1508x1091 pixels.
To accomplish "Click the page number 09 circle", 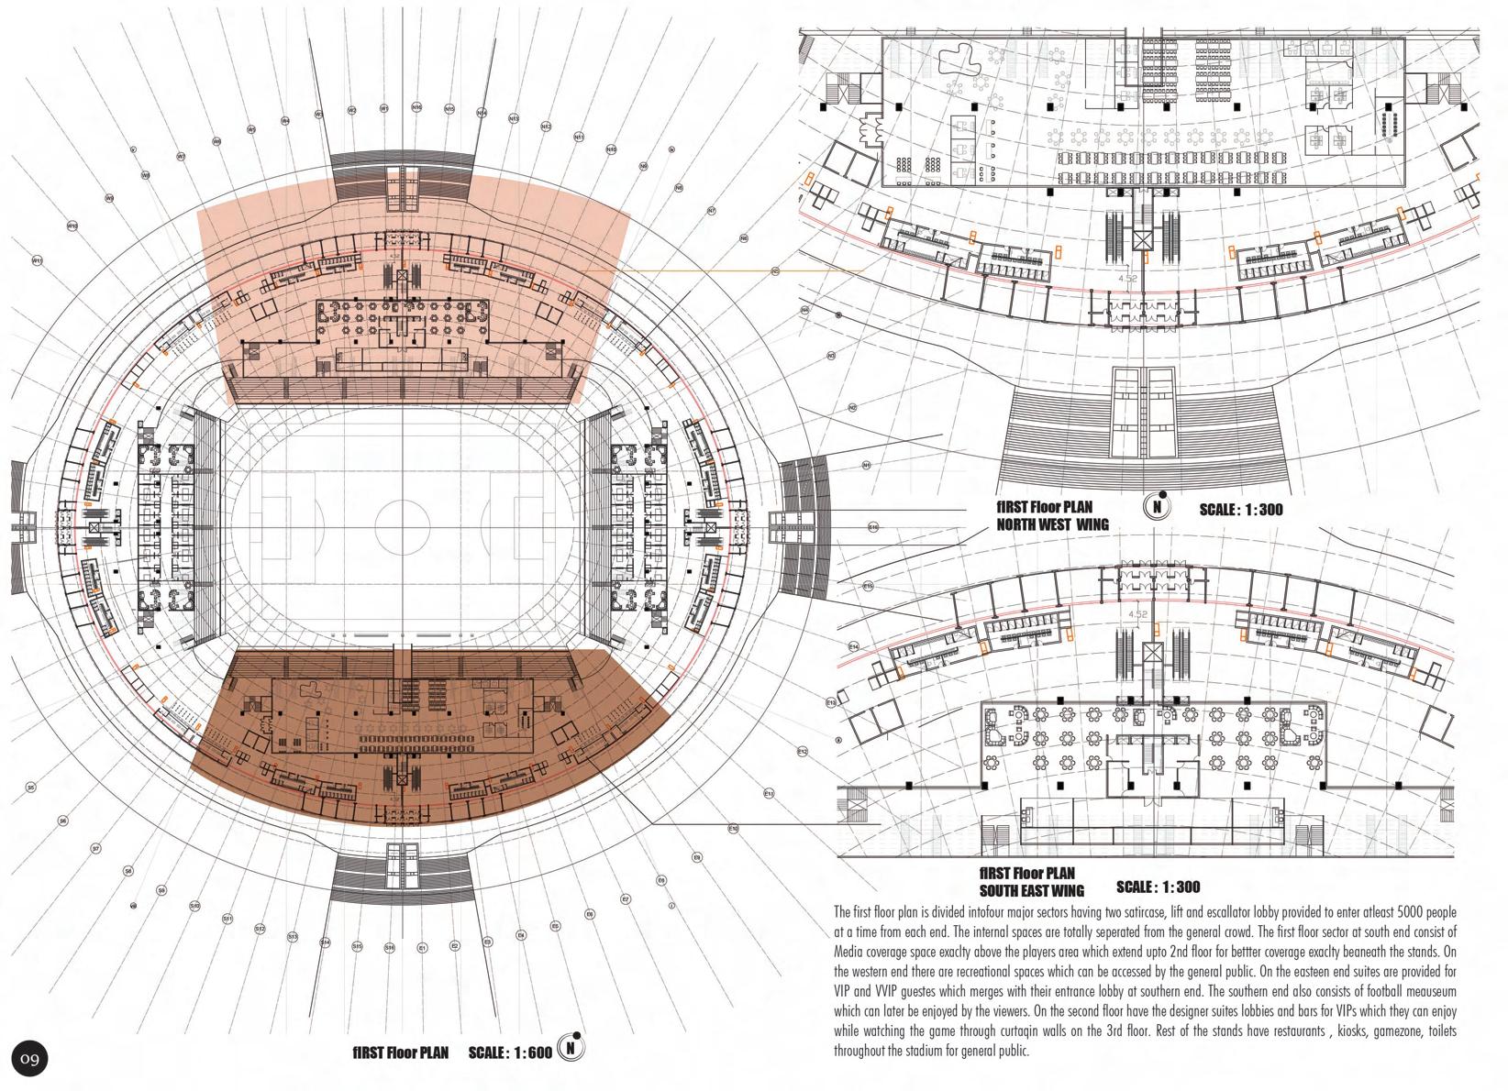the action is [x=29, y=1060].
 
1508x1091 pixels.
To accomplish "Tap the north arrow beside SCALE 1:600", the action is [x=571, y=1047].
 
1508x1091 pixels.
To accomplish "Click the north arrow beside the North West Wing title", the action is [x=1158, y=506].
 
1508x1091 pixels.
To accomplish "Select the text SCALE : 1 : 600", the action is [x=510, y=1052].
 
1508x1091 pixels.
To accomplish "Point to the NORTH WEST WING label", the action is [x=1052, y=525].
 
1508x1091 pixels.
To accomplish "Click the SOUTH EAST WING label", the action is [x=1031, y=890].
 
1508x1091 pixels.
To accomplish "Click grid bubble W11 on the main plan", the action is [x=38, y=260].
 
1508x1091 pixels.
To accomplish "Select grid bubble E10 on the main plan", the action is [x=733, y=829].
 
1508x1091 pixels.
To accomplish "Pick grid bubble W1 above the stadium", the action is [x=384, y=109].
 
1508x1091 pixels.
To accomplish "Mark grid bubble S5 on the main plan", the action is [x=30, y=787].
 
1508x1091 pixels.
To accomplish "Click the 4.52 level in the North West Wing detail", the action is [x=1127, y=278].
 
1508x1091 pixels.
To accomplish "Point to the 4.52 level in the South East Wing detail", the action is [x=1137, y=614].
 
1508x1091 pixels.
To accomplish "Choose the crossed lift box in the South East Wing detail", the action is [x=1152, y=653].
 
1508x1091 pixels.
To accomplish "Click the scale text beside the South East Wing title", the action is [x=1158, y=887].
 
